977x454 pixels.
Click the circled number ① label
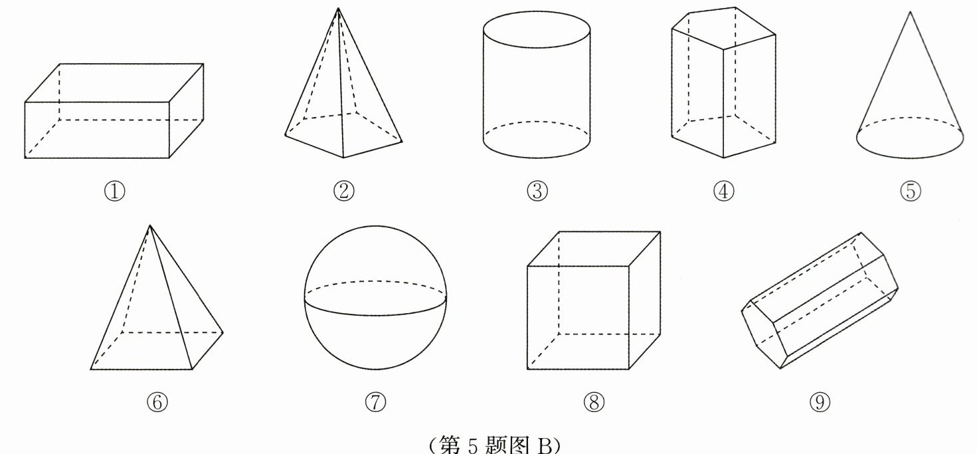115,191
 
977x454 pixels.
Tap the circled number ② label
343,191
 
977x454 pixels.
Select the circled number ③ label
537,191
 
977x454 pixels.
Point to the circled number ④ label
723,191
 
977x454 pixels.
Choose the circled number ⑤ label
911,191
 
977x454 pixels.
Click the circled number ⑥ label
157,402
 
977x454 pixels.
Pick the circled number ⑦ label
375,402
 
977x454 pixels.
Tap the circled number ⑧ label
594,402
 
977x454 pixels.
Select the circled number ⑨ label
820,402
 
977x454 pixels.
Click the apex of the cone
910,12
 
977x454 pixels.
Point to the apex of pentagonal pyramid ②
338,8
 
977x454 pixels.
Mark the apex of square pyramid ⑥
150,225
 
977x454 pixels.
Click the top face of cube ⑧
594,249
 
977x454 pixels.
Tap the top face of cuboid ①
114,83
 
